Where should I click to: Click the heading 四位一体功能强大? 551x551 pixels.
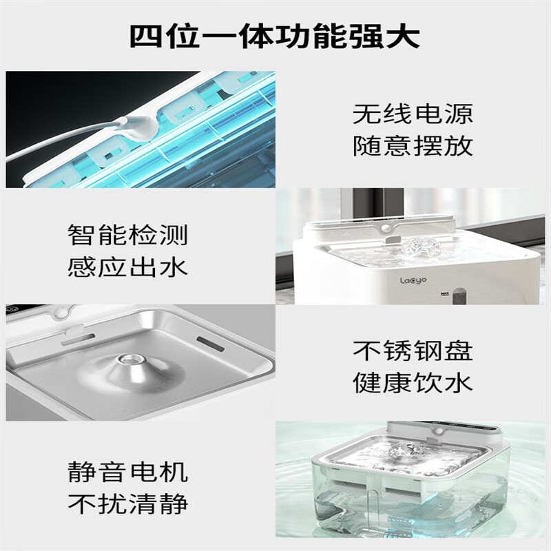click(275, 37)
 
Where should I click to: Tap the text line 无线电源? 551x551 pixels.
click(413, 114)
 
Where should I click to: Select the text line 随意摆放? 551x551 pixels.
click(413, 145)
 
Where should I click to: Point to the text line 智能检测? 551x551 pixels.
click(127, 234)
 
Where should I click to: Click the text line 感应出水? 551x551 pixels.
click(127, 267)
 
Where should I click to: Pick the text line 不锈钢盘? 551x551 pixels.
click(413, 350)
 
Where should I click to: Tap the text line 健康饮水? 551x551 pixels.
click(413, 382)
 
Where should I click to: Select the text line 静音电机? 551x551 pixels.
click(127, 471)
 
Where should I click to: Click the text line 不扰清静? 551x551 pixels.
click(127, 503)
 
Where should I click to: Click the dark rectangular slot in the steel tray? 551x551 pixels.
click(210, 343)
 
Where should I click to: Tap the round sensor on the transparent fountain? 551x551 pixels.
click(437, 432)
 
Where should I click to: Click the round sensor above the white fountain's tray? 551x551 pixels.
click(386, 229)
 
